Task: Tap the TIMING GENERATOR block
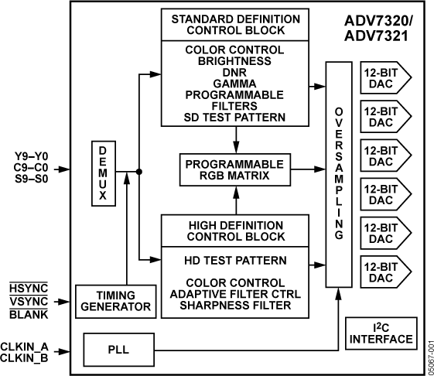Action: pos(115,301)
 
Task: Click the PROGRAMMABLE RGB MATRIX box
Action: pos(234,168)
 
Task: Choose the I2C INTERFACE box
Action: pos(380,333)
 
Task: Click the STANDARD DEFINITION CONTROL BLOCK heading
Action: pos(235,25)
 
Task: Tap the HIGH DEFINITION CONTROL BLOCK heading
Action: pos(235,230)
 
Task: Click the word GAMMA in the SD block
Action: pos(235,83)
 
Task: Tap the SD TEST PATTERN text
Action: pos(235,118)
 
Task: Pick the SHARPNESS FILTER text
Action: pos(235,306)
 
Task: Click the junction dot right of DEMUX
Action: pos(138,173)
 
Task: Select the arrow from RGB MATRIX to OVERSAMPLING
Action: pos(309,168)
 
